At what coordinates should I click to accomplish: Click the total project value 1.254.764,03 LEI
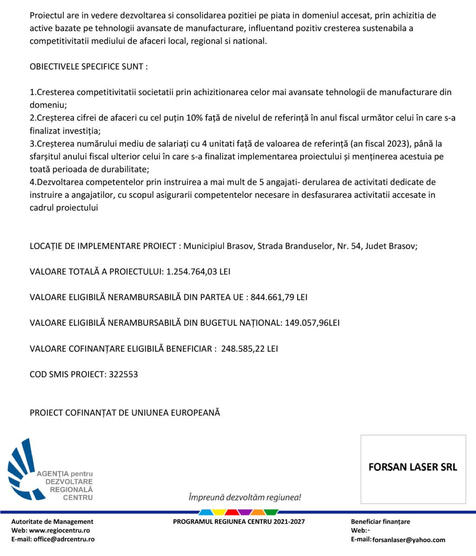tap(199, 272)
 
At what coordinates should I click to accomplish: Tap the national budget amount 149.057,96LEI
tap(310, 323)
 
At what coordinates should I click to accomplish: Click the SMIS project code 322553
tap(123, 374)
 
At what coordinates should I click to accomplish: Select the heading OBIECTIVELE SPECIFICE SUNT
tap(89, 67)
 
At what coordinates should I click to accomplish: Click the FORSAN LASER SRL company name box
tap(413, 467)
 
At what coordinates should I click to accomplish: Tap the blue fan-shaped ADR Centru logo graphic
tap(26, 468)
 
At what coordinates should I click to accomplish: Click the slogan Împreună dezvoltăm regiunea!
tap(244, 498)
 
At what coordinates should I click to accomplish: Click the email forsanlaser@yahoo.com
tap(409, 540)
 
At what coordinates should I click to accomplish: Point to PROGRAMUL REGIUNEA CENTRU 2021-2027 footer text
tap(239, 522)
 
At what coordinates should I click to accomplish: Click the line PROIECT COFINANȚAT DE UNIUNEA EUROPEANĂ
tap(125, 412)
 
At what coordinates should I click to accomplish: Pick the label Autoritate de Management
tap(52, 522)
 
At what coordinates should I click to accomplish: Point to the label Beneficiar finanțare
tap(380, 522)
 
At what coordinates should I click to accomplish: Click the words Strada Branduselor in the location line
tap(296, 246)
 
